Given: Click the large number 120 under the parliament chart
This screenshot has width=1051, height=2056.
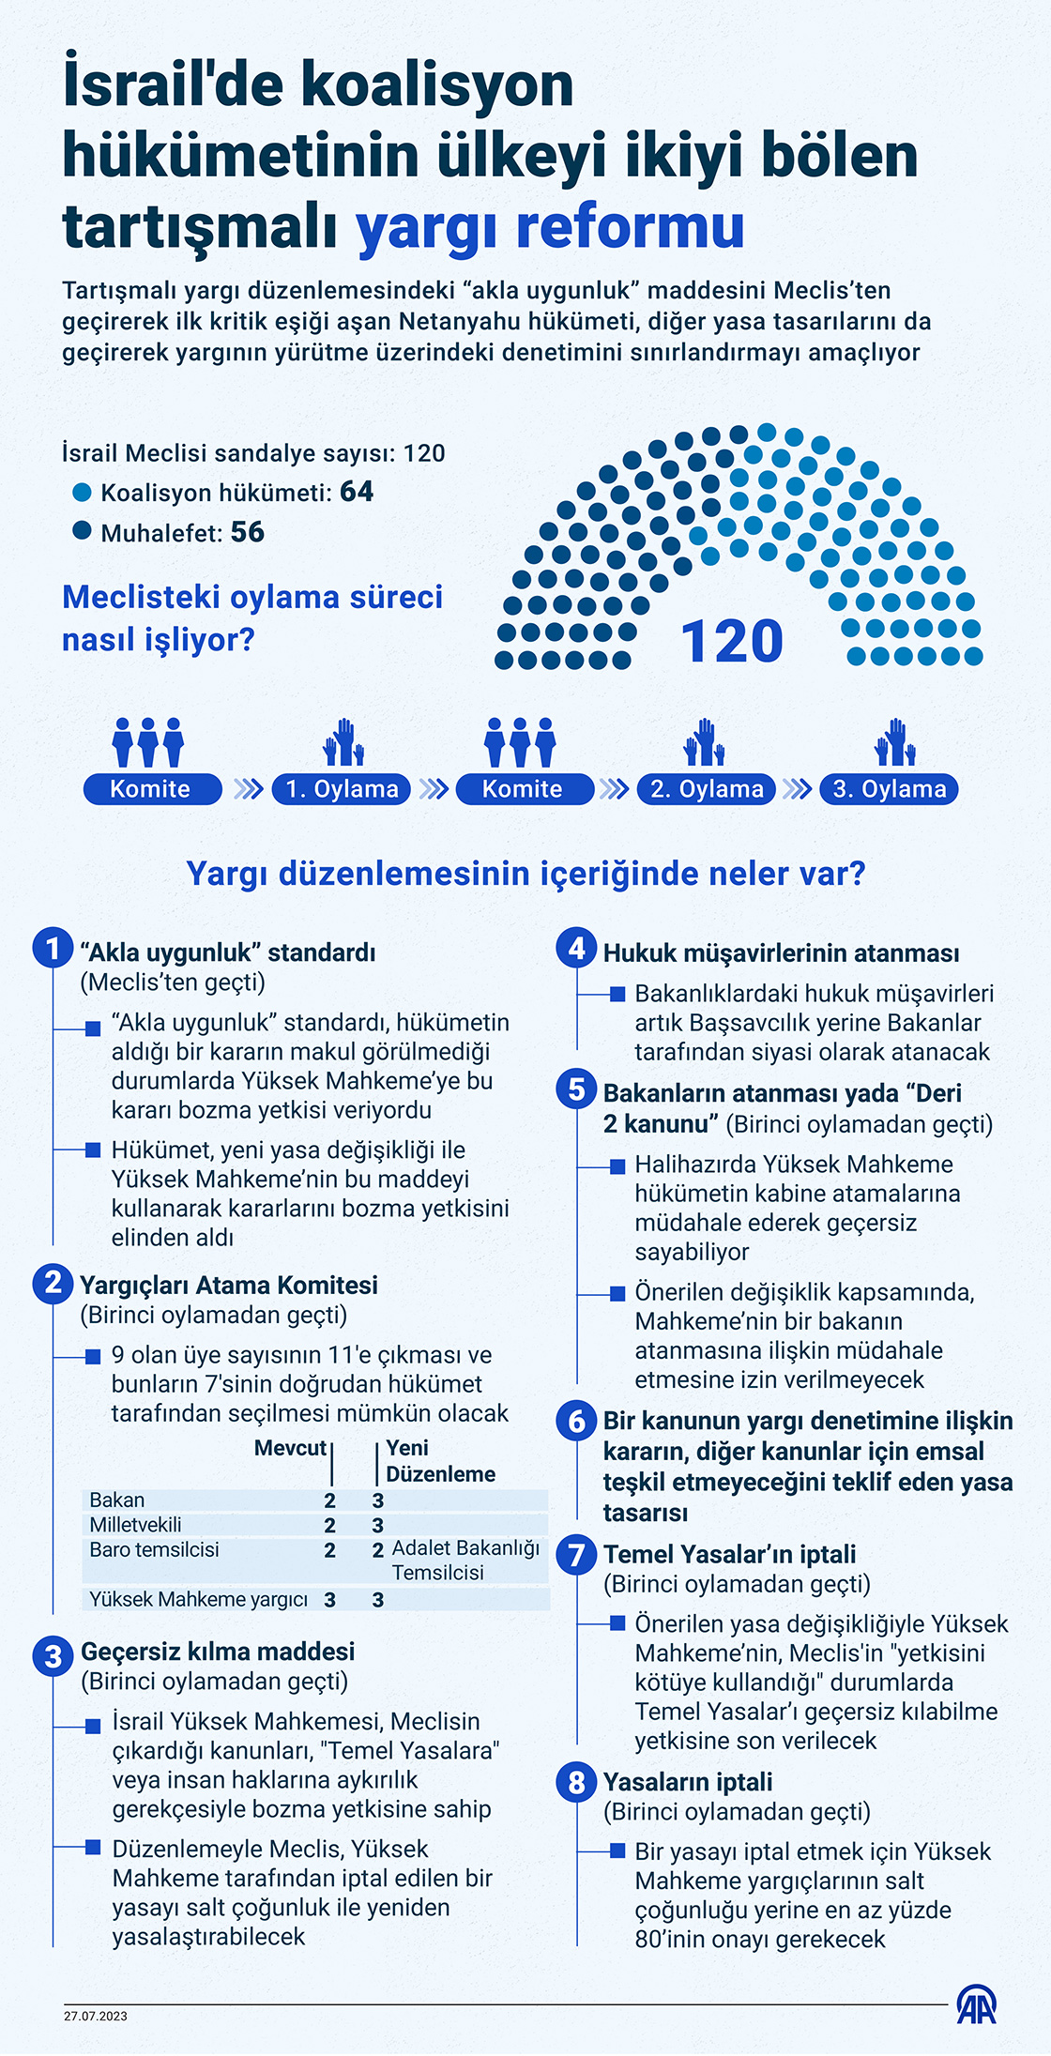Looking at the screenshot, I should click(x=731, y=642).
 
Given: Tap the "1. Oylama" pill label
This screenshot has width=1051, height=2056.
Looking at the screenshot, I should click(x=342, y=789).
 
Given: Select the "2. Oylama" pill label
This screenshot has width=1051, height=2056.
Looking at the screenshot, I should click(x=707, y=789).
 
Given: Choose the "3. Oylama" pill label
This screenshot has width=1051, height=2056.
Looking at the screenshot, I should click(x=890, y=789).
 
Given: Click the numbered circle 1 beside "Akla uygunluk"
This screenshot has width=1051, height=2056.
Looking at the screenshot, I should click(x=53, y=948).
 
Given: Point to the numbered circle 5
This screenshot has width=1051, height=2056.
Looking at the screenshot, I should click(x=576, y=1089).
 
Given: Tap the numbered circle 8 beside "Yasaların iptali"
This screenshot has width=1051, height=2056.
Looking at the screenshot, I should click(x=576, y=1782).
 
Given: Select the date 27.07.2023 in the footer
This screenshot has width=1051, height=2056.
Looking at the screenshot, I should click(x=96, y=2016).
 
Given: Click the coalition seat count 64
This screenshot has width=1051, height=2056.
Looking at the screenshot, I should click(x=357, y=492).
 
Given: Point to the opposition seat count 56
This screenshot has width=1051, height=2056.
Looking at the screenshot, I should click(x=248, y=532).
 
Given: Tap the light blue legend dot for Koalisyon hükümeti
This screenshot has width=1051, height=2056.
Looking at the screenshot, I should click(x=83, y=493).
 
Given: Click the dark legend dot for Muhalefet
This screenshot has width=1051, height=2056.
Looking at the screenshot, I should click(x=83, y=531).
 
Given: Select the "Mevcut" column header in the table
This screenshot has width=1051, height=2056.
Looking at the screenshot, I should click(x=290, y=1448).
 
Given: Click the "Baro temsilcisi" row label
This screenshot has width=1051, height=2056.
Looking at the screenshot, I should click(x=154, y=1549).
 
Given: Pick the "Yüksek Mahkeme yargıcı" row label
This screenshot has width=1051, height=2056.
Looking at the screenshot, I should click(x=198, y=1599).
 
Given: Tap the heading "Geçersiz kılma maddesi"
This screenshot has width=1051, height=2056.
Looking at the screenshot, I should click(x=218, y=1652).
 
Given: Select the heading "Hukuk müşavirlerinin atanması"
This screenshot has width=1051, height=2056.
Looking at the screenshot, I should click(x=781, y=953).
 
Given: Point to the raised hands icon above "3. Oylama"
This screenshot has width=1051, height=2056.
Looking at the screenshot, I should click(x=895, y=742).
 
